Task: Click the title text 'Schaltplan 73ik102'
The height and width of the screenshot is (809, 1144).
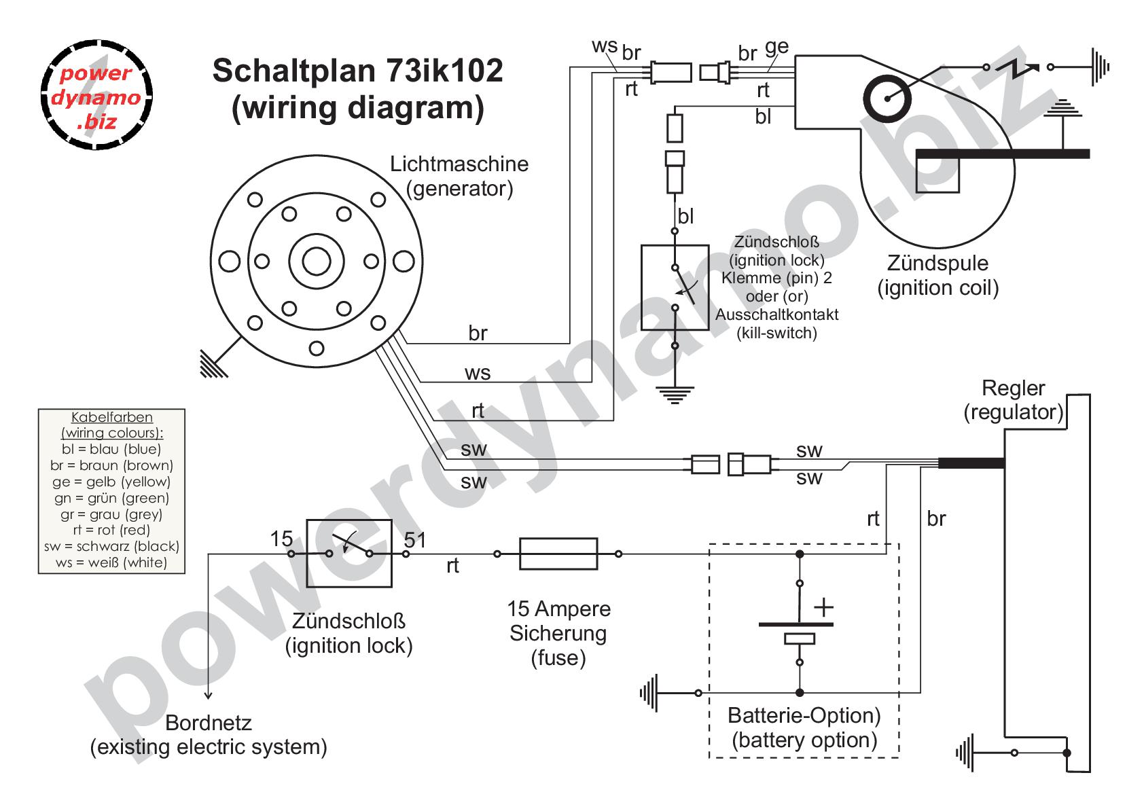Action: pos(357,70)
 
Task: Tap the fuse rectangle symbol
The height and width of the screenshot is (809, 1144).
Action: pos(558,554)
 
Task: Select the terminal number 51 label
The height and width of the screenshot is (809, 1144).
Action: pos(415,540)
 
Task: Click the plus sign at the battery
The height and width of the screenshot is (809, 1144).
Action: pos(823,607)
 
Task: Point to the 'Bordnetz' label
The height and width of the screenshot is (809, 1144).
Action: pos(209,722)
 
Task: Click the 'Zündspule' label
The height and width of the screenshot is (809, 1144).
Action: pos(937,263)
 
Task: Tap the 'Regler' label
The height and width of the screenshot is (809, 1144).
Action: pos(1013,388)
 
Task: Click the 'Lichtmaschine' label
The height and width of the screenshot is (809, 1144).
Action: pos(459,164)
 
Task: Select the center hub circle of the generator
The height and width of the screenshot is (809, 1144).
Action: pos(316,261)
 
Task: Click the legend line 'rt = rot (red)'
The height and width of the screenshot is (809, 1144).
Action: pos(111,530)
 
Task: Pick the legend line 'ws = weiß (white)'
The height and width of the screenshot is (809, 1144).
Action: pos(112,562)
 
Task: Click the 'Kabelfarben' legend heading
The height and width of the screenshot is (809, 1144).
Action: pos(112,417)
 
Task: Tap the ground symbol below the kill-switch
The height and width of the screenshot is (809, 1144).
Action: pos(674,394)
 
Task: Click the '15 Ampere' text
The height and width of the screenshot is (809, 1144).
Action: pos(558,609)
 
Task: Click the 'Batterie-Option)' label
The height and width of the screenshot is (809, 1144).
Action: pos(804,715)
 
